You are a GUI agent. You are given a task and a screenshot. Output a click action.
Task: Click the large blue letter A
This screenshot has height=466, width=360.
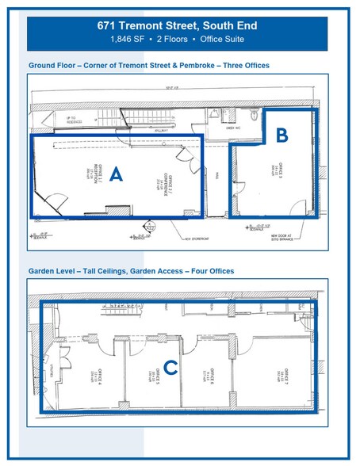(115, 175)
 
